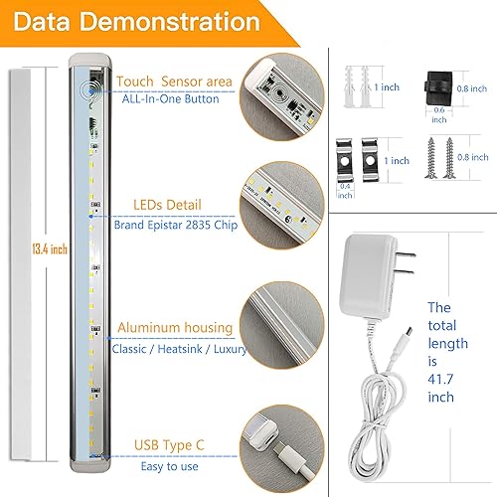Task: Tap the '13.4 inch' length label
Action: [x=36, y=249]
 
